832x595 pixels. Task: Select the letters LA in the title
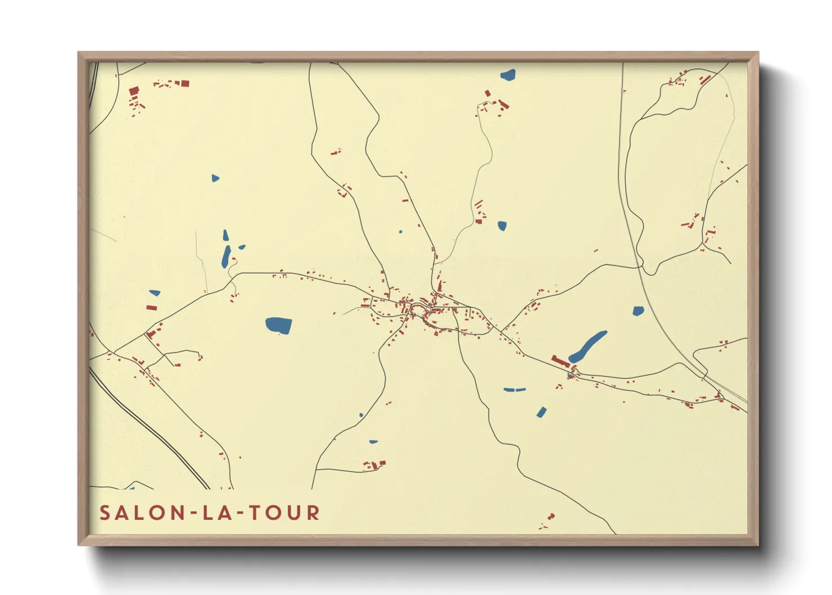[217, 513]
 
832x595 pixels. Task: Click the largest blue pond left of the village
[278, 325]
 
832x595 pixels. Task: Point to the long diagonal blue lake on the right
[587, 346]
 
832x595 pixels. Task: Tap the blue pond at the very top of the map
[508, 74]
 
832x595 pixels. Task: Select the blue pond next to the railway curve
[637, 311]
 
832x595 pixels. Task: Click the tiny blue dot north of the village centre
[400, 231]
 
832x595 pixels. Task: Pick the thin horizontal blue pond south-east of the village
[514, 389]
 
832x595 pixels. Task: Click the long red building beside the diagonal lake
[560, 361]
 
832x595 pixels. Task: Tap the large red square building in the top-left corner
[134, 91]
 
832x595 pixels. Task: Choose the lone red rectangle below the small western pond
[151, 308]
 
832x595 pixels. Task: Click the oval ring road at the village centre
[418, 310]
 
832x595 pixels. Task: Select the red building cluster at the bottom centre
[374, 465]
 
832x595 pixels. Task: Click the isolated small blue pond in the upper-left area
[215, 178]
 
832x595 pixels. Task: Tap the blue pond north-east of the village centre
[502, 226]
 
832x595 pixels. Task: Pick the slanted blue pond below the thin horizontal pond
[541, 412]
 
